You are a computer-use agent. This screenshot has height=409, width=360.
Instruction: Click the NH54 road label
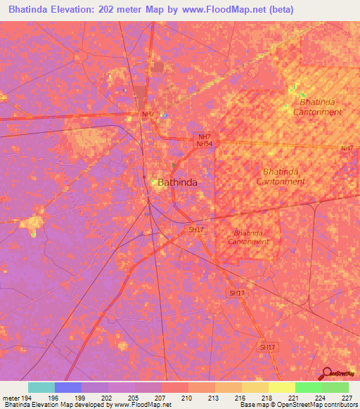(204, 143)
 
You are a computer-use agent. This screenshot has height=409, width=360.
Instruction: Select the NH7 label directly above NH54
(204, 136)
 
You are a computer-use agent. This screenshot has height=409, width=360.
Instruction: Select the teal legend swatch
(41, 387)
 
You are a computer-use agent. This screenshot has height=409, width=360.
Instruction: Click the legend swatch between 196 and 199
(68, 387)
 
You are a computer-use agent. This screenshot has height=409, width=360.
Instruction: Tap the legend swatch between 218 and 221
(282, 387)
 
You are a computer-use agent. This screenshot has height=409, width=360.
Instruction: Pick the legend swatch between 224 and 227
(335, 387)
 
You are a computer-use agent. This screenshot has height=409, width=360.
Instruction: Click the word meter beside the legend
(10, 398)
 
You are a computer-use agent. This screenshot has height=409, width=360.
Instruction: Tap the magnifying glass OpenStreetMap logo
(326, 373)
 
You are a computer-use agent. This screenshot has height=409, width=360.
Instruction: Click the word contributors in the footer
(340, 405)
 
